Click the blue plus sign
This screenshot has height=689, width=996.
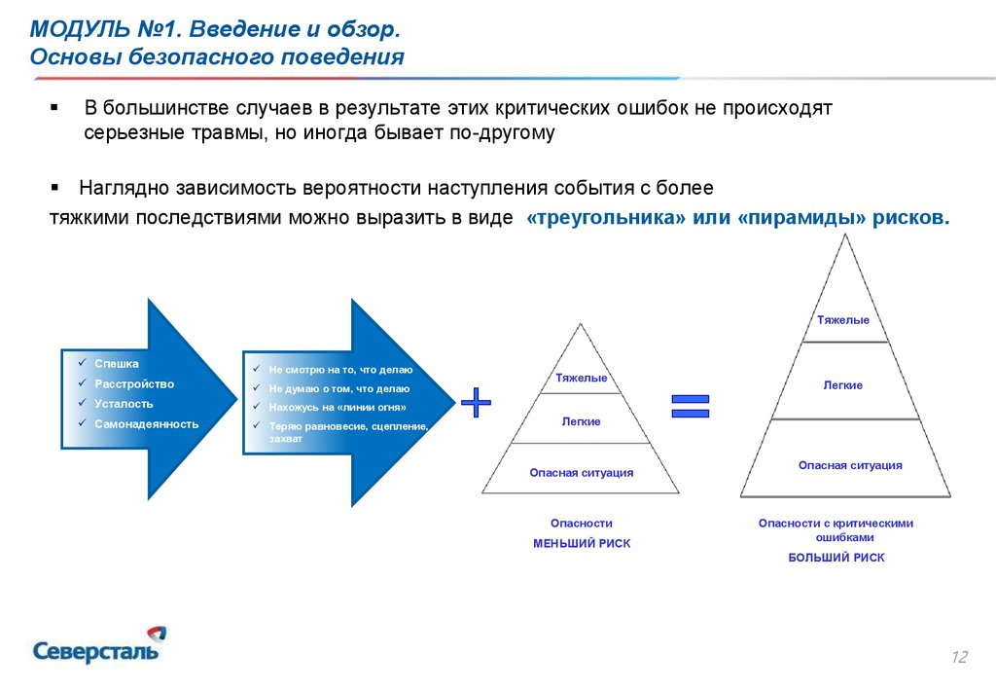[x=476, y=402]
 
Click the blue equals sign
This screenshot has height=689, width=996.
[x=691, y=406]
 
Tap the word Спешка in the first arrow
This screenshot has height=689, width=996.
[x=117, y=364]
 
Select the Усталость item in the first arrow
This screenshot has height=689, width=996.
[x=124, y=404]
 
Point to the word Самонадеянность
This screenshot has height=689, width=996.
[x=147, y=424]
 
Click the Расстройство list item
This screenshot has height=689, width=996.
[x=134, y=383]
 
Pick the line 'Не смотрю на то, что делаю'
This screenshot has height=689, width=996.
[x=340, y=369]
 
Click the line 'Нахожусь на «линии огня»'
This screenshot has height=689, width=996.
[x=338, y=407]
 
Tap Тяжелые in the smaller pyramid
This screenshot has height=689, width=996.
[x=582, y=378]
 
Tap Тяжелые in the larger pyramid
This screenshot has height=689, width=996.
[x=843, y=320]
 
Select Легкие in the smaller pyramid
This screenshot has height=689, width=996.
[x=581, y=421]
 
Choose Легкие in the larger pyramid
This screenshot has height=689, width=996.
[x=843, y=385]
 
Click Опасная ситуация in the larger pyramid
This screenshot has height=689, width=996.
[x=850, y=465]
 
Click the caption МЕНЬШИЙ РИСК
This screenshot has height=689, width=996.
[x=582, y=543]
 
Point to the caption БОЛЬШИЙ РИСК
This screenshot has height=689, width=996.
[x=836, y=558]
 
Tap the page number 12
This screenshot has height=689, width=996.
[x=959, y=657]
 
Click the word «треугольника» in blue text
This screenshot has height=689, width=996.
[x=607, y=217]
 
